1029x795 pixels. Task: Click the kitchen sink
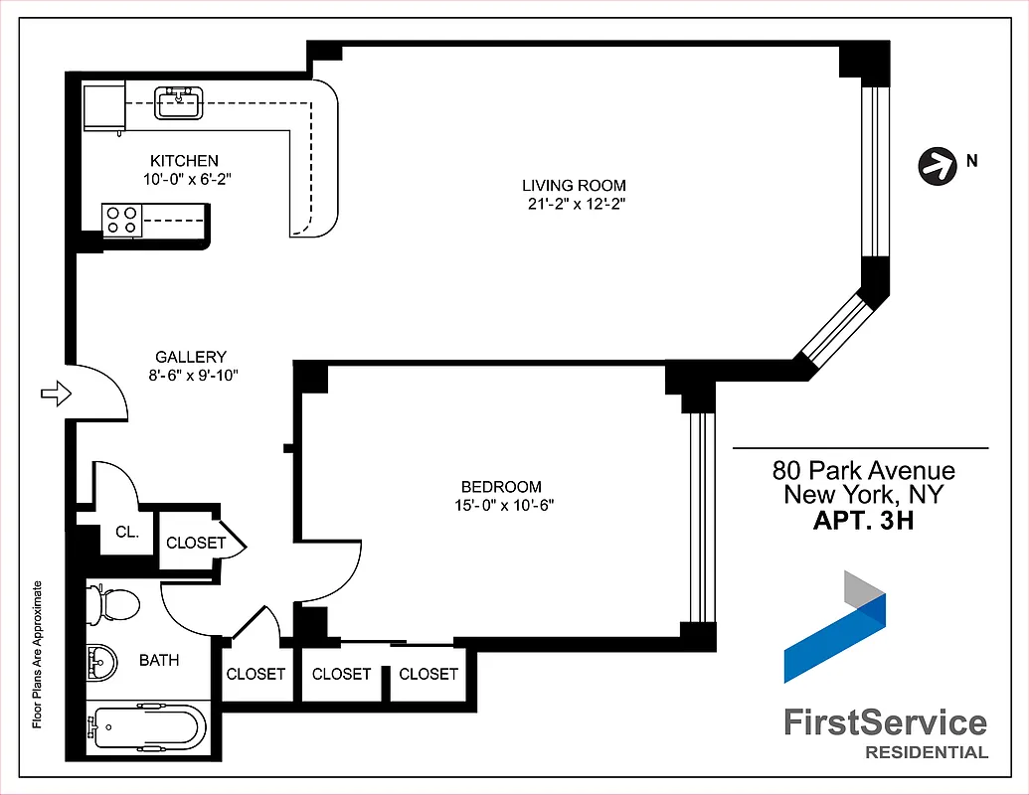tap(179, 102)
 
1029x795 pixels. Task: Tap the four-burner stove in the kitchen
tap(121, 220)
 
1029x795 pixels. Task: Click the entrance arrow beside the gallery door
tap(56, 395)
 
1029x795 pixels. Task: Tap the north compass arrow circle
tap(934, 165)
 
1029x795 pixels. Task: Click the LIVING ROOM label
tap(575, 185)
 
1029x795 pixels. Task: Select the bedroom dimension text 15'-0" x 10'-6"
tap(501, 505)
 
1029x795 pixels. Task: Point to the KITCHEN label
tap(184, 160)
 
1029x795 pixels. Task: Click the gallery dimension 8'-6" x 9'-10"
tap(191, 376)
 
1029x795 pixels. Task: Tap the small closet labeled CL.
tap(126, 532)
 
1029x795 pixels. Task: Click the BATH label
tap(159, 660)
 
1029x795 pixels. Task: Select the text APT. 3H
tap(863, 520)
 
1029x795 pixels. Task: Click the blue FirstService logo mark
tap(834, 626)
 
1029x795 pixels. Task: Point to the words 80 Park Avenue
tap(863, 470)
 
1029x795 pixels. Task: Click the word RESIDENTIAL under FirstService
tap(927, 752)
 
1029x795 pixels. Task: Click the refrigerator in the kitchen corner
tap(103, 108)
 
